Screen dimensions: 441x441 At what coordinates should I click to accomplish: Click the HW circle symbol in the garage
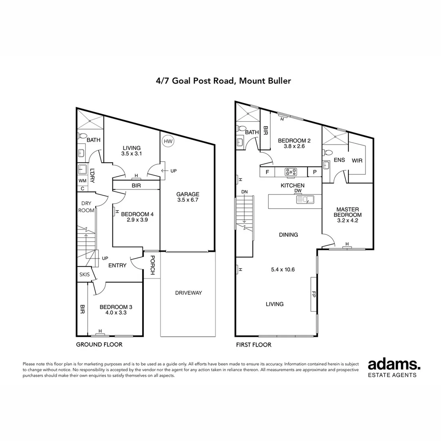[168, 141]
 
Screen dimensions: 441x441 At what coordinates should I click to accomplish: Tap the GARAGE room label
[188, 194]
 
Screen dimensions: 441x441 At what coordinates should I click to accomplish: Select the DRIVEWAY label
[188, 293]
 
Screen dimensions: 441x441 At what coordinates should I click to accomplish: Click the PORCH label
[152, 265]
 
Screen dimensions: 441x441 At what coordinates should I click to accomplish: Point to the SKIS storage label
[85, 274]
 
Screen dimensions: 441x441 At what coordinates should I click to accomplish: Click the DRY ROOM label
[86, 207]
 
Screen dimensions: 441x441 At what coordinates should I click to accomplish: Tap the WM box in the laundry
[82, 180]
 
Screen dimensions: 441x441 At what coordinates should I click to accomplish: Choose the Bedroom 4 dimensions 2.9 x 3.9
[137, 220]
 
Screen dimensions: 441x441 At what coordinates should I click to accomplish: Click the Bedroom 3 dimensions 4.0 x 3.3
[116, 312]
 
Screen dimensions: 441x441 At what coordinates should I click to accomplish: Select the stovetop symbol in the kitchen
[291, 172]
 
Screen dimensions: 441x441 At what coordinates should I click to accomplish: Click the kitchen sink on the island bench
[305, 200]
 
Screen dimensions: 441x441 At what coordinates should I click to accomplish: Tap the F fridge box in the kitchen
[267, 172]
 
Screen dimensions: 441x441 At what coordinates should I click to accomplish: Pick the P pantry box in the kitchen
[314, 172]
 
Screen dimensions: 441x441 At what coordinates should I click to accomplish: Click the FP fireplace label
[314, 294]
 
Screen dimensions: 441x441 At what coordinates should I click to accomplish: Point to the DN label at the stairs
[245, 192]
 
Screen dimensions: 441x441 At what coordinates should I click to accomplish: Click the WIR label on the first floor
[357, 160]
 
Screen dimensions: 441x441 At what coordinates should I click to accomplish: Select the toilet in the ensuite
[327, 153]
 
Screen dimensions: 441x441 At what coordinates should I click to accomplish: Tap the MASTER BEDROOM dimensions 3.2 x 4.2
[347, 220]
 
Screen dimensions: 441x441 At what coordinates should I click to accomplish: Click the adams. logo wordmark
[394, 365]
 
